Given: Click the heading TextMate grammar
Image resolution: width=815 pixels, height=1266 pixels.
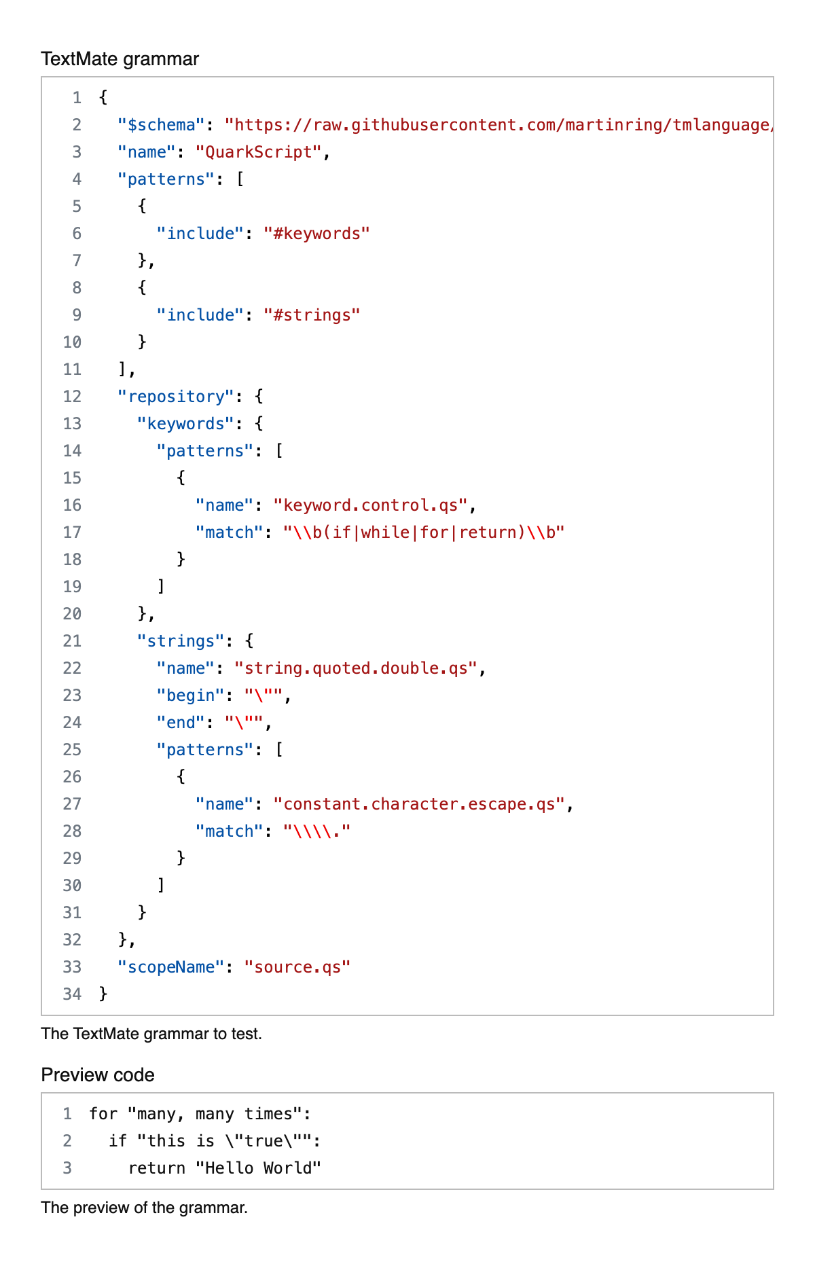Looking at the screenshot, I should [x=120, y=59].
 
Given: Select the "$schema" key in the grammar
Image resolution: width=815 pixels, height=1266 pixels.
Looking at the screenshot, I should [x=161, y=125].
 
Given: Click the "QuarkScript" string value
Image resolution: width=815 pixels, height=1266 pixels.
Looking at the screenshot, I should [x=258, y=152].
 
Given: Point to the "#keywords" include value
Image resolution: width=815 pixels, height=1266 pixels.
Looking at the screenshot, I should [x=316, y=234].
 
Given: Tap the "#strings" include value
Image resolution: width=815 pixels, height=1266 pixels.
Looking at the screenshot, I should [x=312, y=315].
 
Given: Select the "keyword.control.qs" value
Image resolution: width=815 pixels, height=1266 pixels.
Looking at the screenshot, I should [x=371, y=505].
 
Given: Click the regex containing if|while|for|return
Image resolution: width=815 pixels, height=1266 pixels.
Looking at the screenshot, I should [x=424, y=532].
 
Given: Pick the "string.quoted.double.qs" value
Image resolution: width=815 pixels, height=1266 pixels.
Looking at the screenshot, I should [x=356, y=668].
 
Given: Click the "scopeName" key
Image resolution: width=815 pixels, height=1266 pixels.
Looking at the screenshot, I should [x=170, y=967].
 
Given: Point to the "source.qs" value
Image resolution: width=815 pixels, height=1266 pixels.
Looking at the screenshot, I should [x=297, y=967].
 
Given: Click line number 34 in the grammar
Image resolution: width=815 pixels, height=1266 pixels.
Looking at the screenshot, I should [x=72, y=994].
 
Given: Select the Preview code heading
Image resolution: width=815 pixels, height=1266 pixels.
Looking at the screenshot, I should [x=98, y=1075].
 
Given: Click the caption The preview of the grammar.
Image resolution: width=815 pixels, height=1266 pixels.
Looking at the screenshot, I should [x=144, y=1208].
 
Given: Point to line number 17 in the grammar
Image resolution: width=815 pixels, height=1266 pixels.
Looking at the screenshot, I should [x=72, y=532].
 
